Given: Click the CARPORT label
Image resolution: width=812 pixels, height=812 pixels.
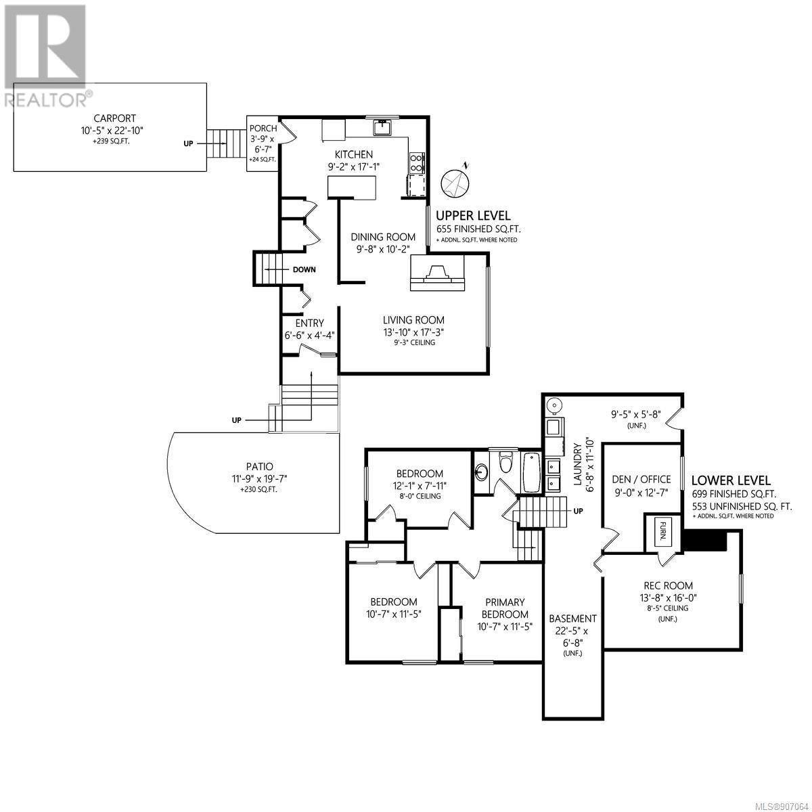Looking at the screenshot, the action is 114,118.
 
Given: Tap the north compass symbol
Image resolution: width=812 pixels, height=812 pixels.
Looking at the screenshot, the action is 455,182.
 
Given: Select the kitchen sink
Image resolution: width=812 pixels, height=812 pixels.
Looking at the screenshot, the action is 382,127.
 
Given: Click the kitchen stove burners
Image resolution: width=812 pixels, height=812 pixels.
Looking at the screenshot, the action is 417,163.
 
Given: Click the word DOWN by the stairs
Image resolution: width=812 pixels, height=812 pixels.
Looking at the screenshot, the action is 304,270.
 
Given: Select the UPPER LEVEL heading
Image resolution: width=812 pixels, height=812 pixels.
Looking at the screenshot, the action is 473,216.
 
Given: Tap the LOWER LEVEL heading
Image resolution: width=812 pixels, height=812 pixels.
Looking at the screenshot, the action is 731,480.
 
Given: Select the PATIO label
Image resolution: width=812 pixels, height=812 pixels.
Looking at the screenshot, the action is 260,466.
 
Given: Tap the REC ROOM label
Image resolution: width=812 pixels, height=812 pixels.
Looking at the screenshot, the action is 669,585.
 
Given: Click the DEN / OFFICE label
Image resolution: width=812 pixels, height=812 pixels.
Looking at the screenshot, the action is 641,479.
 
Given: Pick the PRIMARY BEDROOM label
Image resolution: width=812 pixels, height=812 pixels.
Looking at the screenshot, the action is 505,608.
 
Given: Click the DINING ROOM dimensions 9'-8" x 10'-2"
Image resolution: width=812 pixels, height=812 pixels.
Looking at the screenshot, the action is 383,249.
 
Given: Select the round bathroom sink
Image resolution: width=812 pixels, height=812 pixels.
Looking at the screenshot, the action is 482,472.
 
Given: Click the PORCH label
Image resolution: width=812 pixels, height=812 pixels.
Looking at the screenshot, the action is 263,129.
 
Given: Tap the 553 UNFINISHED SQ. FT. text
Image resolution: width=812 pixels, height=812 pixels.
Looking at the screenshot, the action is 742,506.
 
